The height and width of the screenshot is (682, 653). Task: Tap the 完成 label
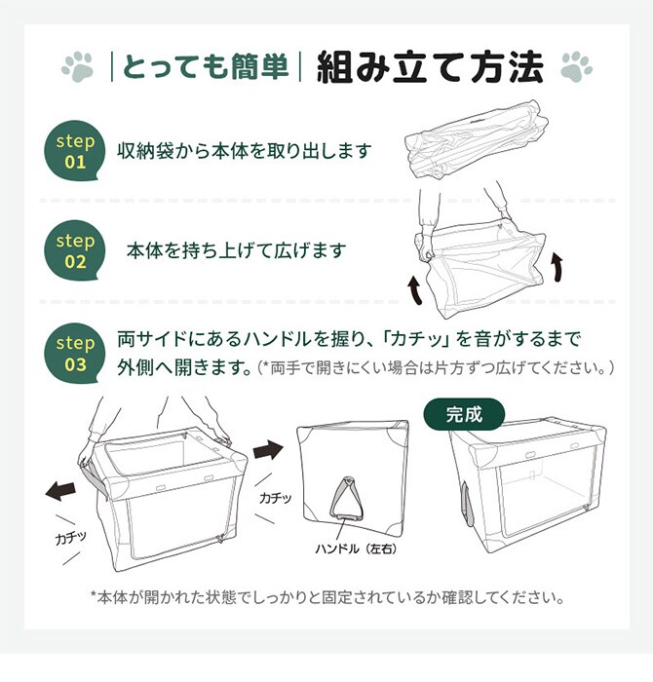464,413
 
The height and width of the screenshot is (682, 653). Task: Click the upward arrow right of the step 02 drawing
557,265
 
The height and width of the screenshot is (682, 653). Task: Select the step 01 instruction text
245,152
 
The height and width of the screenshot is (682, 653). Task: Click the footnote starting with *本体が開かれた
326,597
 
